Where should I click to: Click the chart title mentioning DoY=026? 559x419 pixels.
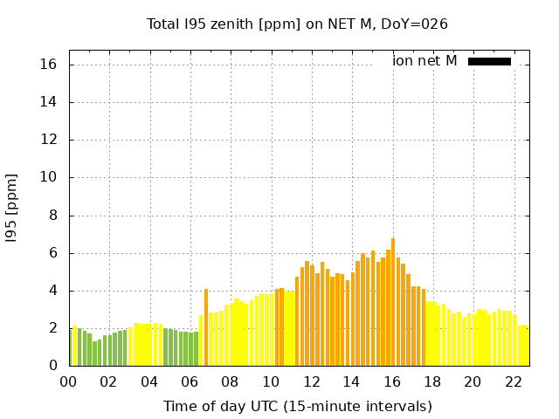pyautogui.click(x=297, y=24)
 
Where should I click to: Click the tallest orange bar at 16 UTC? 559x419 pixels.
pyautogui.click(x=393, y=302)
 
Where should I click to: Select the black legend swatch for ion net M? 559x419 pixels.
pyautogui.click(x=489, y=61)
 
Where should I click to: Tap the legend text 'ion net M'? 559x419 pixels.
pyautogui.click(x=424, y=61)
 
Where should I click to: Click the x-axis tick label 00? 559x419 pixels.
pyautogui.click(x=68, y=381)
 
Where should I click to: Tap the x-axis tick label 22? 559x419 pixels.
pyautogui.click(x=514, y=381)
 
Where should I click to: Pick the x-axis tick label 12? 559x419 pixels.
pyautogui.click(x=311, y=381)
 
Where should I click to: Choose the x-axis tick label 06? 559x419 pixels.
pyautogui.click(x=190, y=381)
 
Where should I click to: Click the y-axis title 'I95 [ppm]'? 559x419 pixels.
pyautogui.click(x=12, y=208)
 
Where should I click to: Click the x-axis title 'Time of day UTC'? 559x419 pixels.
pyautogui.click(x=297, y=406)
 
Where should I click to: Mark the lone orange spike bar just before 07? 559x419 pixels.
pyautogui.click(x=206, y=327)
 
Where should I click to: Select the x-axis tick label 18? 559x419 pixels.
pyautogui.click(x=432, y=381)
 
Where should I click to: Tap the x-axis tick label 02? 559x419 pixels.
pyautogui.click(x=108, y=381)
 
